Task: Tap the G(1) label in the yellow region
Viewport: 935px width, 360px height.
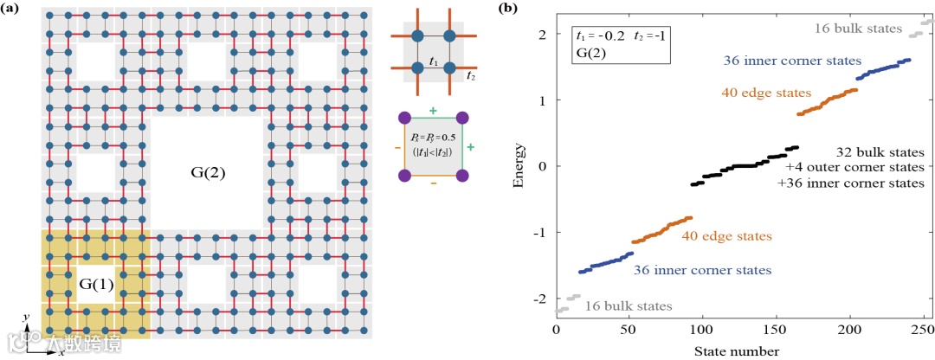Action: click(96, 284)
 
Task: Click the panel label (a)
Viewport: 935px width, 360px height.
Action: click(16, 8)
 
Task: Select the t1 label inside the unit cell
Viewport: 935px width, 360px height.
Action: click(433, 61)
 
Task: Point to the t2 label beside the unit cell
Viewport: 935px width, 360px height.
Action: click(472, 76)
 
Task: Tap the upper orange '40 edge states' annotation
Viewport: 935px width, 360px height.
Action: click(765, 93)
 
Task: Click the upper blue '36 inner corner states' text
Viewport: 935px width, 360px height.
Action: click(792, 61)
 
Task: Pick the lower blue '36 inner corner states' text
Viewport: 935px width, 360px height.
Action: click(702, 270)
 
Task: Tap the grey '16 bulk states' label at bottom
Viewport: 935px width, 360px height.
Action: click(629, 305)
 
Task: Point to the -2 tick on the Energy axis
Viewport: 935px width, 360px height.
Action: click(543, 299)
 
